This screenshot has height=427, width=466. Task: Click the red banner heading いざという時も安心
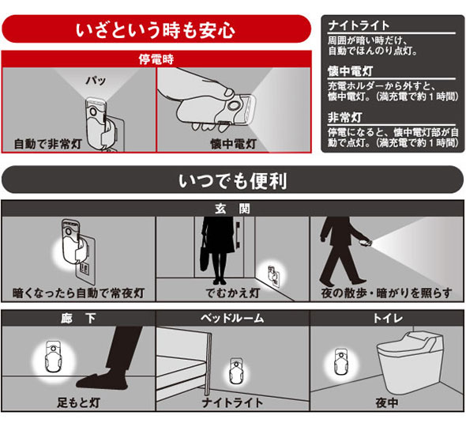(x=156, y=30)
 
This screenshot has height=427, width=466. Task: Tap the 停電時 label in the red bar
(x=156, y=59)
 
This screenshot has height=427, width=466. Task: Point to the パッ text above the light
(x=96, y=80)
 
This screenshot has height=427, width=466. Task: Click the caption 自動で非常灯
(x=48, y=144)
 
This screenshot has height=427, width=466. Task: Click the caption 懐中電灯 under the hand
(x=233, y=144)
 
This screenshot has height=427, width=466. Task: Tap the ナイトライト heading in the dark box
(x=359, y=25)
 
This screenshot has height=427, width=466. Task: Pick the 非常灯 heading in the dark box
(x=345, y=118)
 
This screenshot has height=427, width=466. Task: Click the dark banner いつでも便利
(x=233, y=180)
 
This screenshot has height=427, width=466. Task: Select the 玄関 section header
(x=233, y=209)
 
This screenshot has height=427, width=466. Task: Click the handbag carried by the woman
(x=205, y=259)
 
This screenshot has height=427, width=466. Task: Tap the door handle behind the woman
(x=238, y=235)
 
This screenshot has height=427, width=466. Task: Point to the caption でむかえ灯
(x=233, y=293)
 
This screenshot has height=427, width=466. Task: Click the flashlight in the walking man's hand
(x=366, y=243)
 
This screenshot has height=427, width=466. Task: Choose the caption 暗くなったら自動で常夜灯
(x=78, y=293)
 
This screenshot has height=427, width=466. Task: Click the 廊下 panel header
(x=78, y=319)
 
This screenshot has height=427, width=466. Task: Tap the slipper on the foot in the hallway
(x=102, y=381)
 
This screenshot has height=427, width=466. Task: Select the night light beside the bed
(x=237, y=372)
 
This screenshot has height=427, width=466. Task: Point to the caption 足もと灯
(x=78, y=403)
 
